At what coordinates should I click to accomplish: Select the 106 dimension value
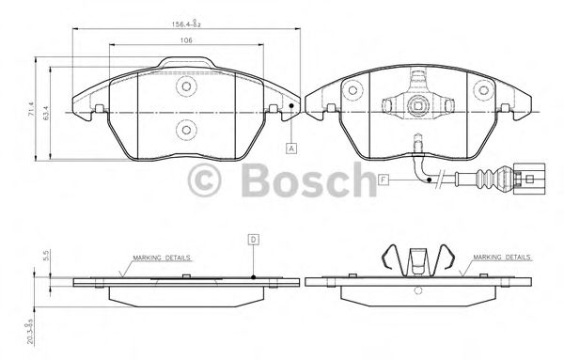point(186,39)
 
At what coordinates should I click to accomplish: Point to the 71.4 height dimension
point(32,111)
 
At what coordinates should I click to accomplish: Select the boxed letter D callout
point(254,240)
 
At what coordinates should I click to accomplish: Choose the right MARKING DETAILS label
point(502,256)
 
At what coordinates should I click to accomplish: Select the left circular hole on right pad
point(353,91)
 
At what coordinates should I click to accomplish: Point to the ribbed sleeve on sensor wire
point(491,175)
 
